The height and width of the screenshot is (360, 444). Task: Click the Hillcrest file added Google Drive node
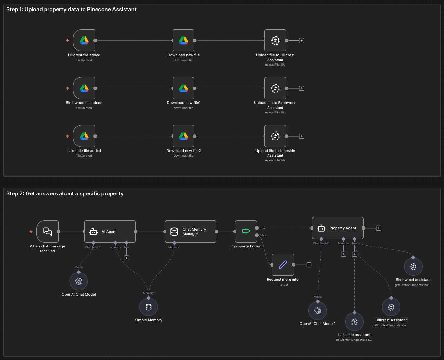tap(84, 41)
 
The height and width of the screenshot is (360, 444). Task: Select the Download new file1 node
tap(183, 88)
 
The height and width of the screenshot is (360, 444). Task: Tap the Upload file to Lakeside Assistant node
tap(275, 136)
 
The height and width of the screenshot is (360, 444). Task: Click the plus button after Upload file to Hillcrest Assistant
tap(302, 41)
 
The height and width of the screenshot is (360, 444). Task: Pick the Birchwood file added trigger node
tap(84, 88)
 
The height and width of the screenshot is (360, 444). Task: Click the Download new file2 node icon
tap(183, 136)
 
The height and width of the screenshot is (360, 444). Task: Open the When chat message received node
tap(47, 232)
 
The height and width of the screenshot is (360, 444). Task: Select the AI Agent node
tap(110, 232)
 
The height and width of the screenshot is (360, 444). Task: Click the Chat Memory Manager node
tap(190, 232)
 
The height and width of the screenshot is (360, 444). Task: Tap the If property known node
tap(246, 232)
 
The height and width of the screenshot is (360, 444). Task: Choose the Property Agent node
tap(338, 228)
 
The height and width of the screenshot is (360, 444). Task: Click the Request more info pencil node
tap(283, 265)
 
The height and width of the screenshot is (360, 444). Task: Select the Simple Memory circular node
tap(149, 307)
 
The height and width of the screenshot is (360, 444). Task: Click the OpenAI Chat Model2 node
tap(318, 311)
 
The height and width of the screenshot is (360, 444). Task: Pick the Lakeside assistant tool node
tap(354, 322)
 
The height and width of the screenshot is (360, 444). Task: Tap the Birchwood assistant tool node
tap(413, 267)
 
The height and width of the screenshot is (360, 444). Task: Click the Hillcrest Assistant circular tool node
tap(391, 307)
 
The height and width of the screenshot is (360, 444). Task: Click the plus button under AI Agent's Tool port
tap(127, 258)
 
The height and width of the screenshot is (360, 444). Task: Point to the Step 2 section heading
tap(65, 193)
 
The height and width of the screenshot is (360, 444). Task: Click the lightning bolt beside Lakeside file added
tap(68, 136)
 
